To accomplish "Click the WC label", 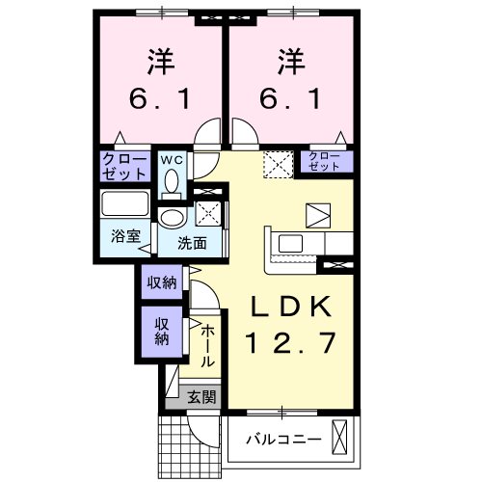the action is pyautogui.click(x=172, y=160).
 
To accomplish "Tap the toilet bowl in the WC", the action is pyautogui.click(x=173, y=182).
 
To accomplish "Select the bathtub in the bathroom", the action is pyautogui.click(x=125, y=203).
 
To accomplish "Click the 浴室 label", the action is pyautogui.click(x=125, y=236).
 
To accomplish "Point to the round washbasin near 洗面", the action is pyautogui.click(x=173, y=218).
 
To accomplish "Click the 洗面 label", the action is pyautogui.click(x=192, y=244).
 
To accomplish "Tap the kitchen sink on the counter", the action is pyautogui.click(x=290, y=243).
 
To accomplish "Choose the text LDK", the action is pyautogui.click(x=291, y=307).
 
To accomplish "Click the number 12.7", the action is pyautogui.click(x=291, y=342).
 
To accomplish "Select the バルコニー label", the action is pyautogui.click(x=283, y=439).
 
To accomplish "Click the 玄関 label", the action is pyautogui.click(x=201, y=397).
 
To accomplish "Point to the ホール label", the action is pyautogui.click(x=207, y=345).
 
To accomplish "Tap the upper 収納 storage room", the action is pyautogui.click(x=162, y=281).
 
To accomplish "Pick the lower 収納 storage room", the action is pyautogui.click(x=162, y=332).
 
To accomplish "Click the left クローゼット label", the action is pyautogui.click(x=124, y=166).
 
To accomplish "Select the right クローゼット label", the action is pyautogui.click(x=324, y=161).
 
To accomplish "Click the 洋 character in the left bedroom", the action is pyautogui.click(x=161, y=62).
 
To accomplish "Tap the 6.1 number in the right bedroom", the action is pyautogui.click(x=290, y=98).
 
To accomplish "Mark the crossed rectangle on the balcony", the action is pyautogui.click(x=339, y=437).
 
